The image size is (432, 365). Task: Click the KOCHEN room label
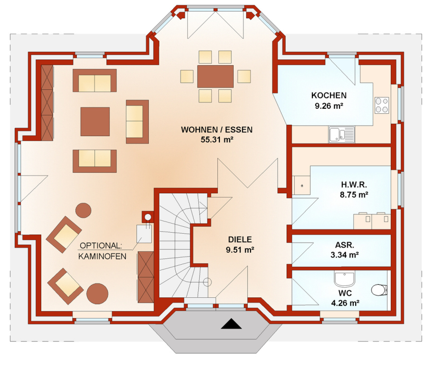[x=329, y=95]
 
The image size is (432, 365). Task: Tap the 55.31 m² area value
[x=217, y=140]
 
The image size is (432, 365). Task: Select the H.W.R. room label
[x=354, y=185]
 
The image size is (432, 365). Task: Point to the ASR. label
[x=345, y=245]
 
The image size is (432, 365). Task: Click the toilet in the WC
[x=379, y=290]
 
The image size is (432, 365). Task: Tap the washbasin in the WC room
[x=344, y=279]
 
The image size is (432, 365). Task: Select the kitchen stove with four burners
[x=382, y=105]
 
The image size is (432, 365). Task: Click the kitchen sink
[x=342, y=135]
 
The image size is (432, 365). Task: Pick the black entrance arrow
[x=231, y=324]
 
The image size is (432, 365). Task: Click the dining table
[x=216, y=76]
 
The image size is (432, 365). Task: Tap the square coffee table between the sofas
[x=95, y=121]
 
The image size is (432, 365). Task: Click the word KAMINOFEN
[x=102, y=256]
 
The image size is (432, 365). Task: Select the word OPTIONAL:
[x=101, y=245]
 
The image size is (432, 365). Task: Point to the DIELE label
[x=240, y=239]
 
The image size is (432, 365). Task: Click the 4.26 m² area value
[x=345, y=303]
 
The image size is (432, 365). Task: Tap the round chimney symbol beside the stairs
[x=148, y=217]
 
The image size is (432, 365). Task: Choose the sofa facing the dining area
[x=137, y=122]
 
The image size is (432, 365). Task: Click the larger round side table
[x=97, y=294]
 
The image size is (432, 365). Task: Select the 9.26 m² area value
[x=329, y=106]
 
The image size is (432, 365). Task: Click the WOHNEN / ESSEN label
[x=217, y=130]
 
